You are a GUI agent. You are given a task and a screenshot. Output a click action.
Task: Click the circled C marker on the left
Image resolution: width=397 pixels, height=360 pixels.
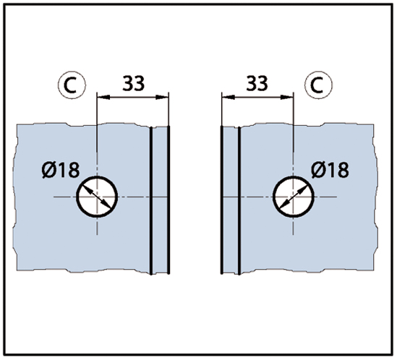point(72,85)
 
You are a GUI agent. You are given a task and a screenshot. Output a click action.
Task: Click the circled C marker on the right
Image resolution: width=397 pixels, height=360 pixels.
point(318,85)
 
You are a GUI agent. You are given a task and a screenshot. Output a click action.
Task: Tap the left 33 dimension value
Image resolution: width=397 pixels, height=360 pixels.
point(134,83)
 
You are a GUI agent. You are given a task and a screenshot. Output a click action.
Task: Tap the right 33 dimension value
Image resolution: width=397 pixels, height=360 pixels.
point(257,83)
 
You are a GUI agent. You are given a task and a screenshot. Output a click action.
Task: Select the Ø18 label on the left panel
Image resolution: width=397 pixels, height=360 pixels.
point(61,170)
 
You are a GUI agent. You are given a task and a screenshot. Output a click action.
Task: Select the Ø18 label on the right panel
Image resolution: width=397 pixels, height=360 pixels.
point(330,170)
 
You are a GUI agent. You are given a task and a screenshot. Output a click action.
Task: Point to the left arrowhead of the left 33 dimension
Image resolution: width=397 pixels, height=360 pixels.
point(103,97)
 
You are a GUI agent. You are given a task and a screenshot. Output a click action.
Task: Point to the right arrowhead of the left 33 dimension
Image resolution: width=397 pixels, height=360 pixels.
point(162,97)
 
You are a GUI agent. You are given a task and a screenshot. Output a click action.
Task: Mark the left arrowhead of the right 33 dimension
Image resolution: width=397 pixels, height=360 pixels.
point(228,97)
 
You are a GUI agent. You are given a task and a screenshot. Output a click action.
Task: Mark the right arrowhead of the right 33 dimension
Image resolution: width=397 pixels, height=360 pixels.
point(287,97)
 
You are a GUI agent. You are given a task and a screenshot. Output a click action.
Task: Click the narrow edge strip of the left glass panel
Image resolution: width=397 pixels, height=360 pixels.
point(160,200)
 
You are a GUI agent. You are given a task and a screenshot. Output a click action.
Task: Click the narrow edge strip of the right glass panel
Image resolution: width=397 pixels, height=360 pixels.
point(231,200)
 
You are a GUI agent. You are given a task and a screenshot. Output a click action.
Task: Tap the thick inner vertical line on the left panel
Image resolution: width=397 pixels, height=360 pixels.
point(151,200)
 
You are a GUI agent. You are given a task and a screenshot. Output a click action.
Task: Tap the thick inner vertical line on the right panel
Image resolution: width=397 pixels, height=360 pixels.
point(239,200)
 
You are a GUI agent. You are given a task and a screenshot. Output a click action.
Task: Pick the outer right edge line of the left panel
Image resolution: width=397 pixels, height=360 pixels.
point(169,200)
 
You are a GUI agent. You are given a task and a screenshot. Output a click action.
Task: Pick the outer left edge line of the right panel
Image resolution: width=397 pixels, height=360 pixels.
point(222,200)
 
